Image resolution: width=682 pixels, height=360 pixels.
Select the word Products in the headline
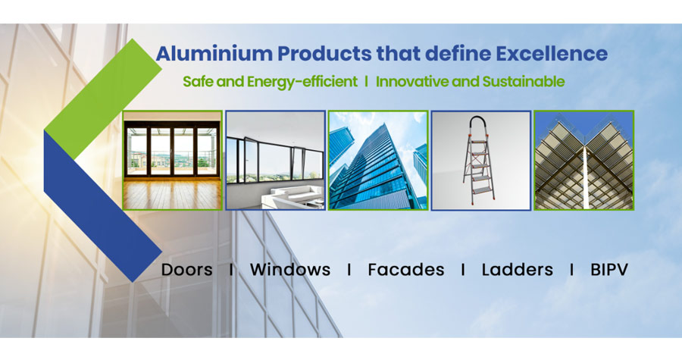tap(324, 54)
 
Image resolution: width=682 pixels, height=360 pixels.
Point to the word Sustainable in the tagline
tap(523, 82)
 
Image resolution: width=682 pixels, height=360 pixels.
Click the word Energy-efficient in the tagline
tap(302, 82)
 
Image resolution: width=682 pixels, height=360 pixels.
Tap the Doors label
tap(187, 270)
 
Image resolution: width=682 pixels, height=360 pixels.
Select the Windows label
tap(290, 270)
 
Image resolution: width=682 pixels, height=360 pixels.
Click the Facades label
tap(406, 270)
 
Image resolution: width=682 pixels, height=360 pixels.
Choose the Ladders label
tap(517, 270)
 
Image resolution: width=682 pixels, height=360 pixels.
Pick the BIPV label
tap(609, 270)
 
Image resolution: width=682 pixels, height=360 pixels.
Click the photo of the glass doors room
tap(173, 161)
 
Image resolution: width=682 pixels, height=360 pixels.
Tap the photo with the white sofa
tap(275, 161)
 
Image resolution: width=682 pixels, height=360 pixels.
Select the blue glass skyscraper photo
tap(378, 161)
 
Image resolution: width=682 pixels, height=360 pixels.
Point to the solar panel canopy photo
tap(583, 161)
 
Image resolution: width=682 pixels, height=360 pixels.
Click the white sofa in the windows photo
tap(293, 196)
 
